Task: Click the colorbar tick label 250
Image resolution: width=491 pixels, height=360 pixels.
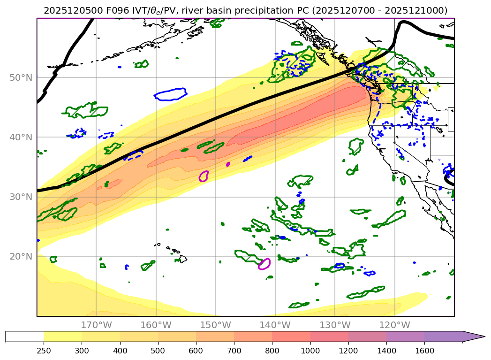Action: point(44,350)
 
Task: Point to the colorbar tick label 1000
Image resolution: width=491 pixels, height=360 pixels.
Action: point(310,350)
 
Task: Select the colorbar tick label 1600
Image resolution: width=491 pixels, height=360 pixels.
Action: point(424,350)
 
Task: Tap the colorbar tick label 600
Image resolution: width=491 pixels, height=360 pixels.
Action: point(196,350)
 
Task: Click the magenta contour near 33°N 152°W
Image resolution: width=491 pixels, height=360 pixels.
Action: point(204,176)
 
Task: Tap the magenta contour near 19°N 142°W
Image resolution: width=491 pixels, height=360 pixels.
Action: point(264,264)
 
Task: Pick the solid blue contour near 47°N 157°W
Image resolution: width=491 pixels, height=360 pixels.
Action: point(171,94)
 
